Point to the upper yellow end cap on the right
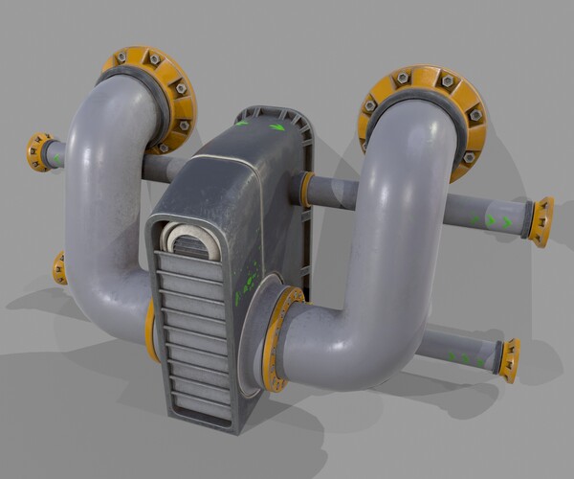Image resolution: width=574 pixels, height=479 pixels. coord(542,221)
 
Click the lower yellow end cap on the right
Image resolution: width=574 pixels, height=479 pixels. coord(510,359)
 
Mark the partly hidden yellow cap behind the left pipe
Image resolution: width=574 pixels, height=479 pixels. coord(60,269)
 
